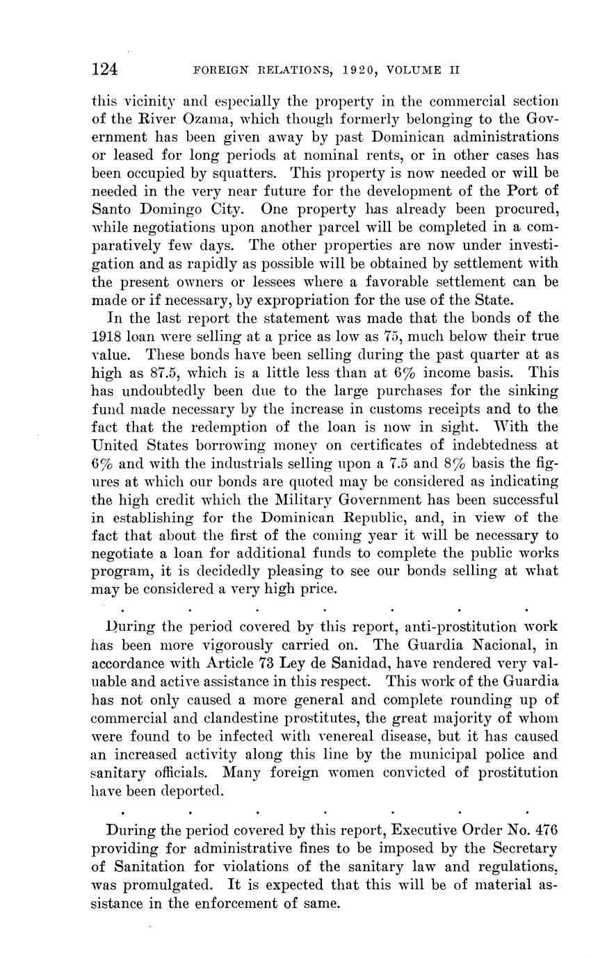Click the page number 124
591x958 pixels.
(105, 69)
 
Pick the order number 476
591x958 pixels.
(542, 831)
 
